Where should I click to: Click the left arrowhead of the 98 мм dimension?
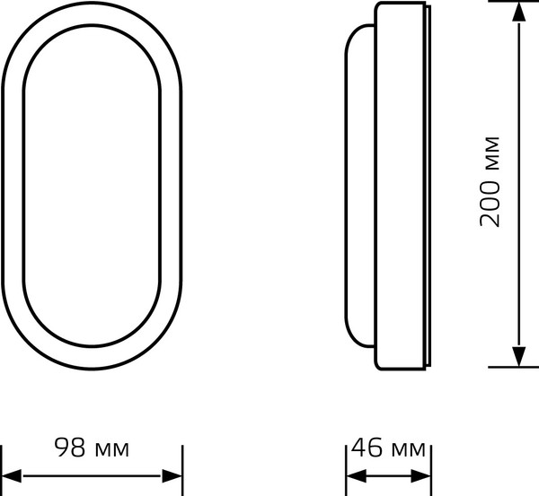pyautogui.click(x=11, y=474)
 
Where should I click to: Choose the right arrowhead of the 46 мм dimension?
pyautogui.click(x=423, y=474)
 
